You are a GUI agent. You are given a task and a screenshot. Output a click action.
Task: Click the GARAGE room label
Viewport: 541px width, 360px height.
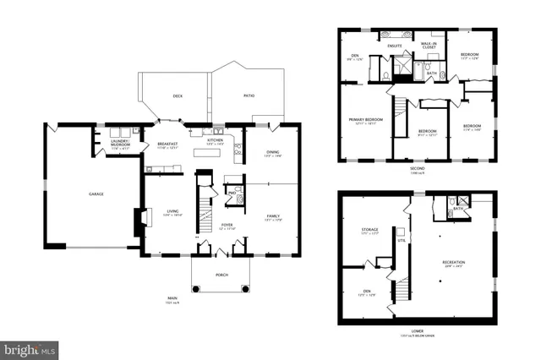[x=96, y=194]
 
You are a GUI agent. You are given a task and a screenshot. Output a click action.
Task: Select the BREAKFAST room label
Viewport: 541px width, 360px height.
[x=168, y=144]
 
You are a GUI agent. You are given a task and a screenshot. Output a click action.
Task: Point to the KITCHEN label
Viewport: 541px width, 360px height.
[x=216, y=140]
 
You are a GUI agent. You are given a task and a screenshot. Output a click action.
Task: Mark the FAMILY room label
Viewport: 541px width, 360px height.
[x=272, y=216]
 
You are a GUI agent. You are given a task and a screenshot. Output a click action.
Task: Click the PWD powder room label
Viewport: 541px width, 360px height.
[x=231, y=192]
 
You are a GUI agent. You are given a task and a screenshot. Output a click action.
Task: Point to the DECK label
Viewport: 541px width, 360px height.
[x=178, y=96]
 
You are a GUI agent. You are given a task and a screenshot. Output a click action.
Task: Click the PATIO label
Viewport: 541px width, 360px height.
[x=249, y=96]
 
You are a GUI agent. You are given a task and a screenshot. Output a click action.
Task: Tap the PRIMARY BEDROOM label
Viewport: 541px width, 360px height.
[x=366, y=119]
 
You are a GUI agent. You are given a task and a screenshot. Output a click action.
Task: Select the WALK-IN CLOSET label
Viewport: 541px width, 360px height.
[x=429, y=46]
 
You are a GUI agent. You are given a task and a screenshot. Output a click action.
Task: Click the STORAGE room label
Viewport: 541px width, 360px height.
[x=370, y=229]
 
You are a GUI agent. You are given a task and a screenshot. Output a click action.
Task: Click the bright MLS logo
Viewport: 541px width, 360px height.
[x=29, y=348]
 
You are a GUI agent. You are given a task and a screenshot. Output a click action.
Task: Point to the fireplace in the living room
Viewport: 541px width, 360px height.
[x=134, y=221]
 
